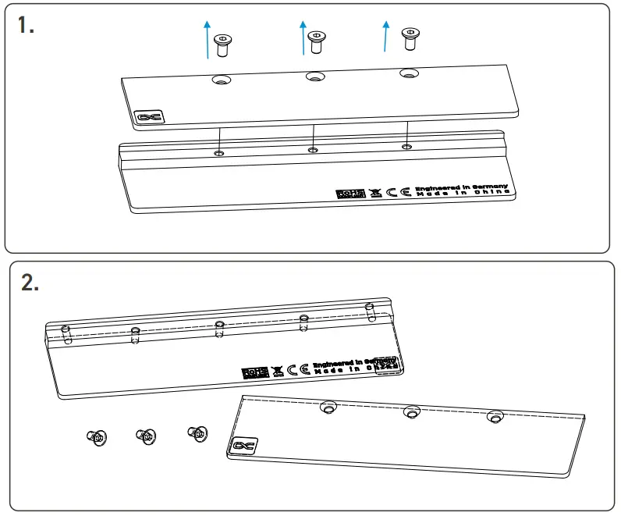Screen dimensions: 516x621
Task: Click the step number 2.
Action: [x=30, y=283]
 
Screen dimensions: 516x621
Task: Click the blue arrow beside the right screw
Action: [x=385, y=36]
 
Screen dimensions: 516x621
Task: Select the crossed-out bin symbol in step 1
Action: [x=376, y=192]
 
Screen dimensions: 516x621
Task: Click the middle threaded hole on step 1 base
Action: [x=313, y=150]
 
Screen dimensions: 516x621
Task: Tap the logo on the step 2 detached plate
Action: [x=241, y=446]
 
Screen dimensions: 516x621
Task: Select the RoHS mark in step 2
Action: [x=255, y=372]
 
